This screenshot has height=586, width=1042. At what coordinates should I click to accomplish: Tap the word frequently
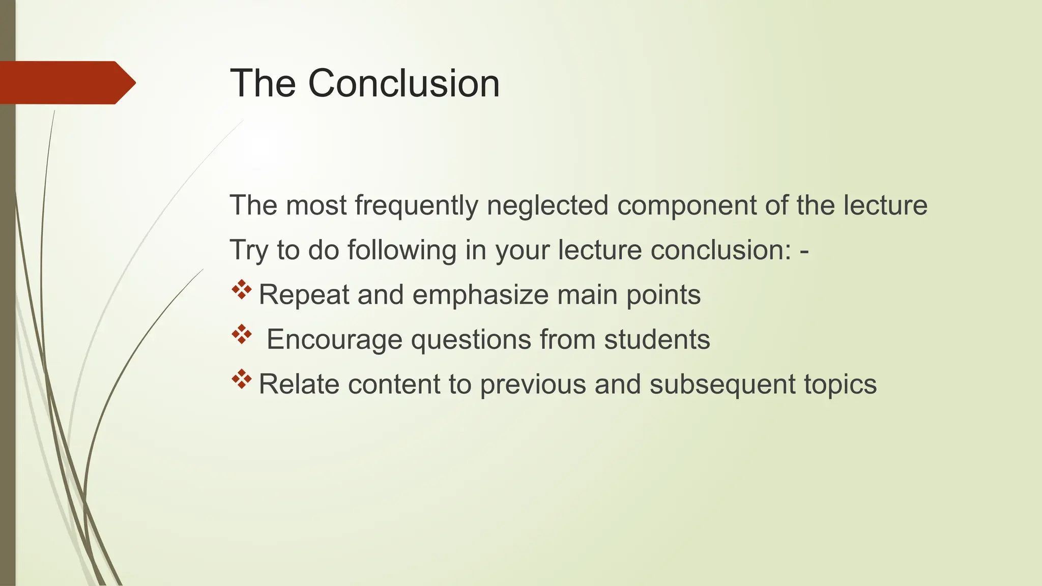pos(416,206)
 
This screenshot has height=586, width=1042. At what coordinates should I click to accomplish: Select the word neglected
pos(547,206)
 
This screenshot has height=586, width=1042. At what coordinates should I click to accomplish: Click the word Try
pos(248,250)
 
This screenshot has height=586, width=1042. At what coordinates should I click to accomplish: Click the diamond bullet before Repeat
pos(242,289)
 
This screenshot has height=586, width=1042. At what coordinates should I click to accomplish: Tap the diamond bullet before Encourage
pos(242,334)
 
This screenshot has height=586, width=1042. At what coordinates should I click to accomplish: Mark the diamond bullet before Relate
pos(242,379)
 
